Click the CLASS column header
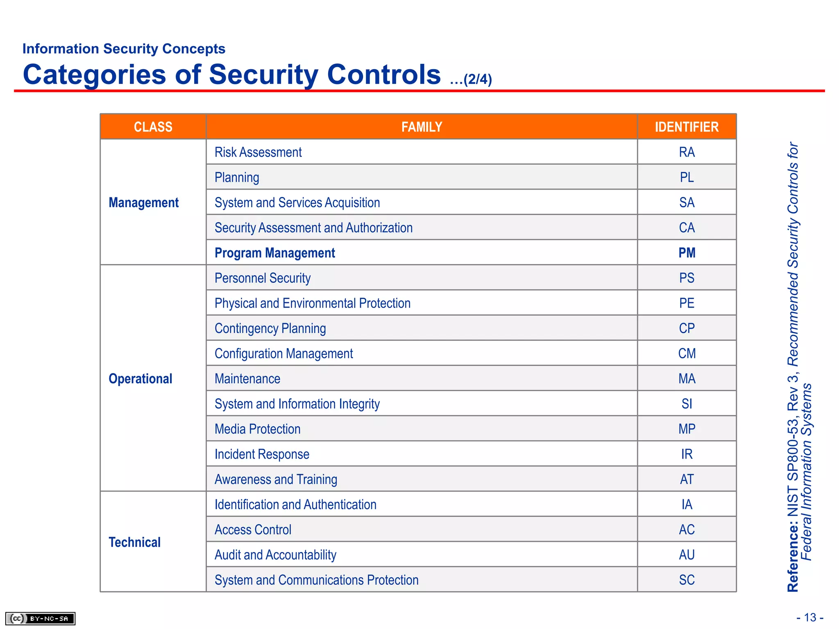pos(153,127)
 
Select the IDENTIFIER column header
pos(687,127)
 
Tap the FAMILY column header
pos(422,127)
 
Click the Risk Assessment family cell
pos(258,152)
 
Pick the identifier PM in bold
pos(687,253)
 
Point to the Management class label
pos(143,203)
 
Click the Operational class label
pos(140,379)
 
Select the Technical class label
pos(134,542)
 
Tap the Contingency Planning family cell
pos(270,328)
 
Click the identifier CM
pos(687,353)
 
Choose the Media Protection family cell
pos(257,429)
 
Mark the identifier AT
pos(687,479)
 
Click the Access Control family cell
pos(253,530)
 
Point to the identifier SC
pos(687,580)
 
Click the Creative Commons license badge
pos(40,618)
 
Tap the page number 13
pos(810,617)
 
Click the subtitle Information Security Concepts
pos(124,49)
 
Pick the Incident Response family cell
pos(262,454)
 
